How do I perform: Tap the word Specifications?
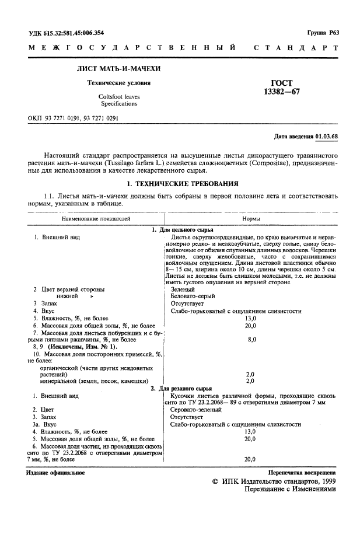point(118,104)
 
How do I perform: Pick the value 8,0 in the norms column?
point(250,339)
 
